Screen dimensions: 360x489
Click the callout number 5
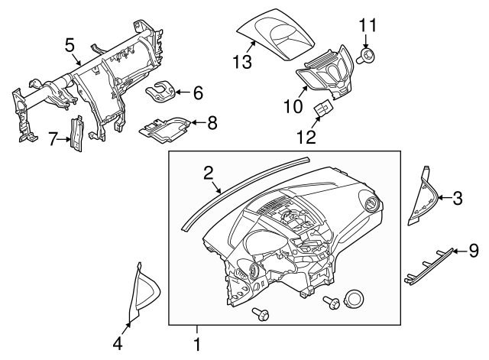click(x=70, y=44)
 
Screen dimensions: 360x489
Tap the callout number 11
click(x=368, y=26)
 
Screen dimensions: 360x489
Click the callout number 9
click(x=474, y=249)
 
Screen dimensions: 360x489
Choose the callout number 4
click(x=118, y=344)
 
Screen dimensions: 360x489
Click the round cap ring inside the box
click(x=355, y=299)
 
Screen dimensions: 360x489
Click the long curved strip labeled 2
click(x=244, y=191)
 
